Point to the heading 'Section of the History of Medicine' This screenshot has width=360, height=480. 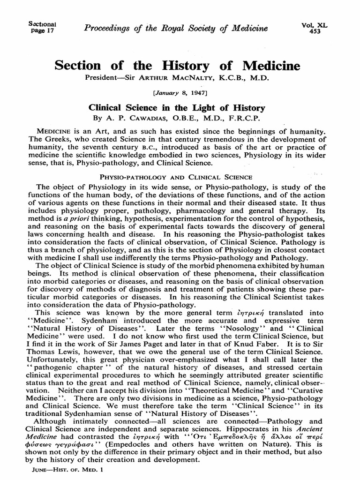tap(177, 66)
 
